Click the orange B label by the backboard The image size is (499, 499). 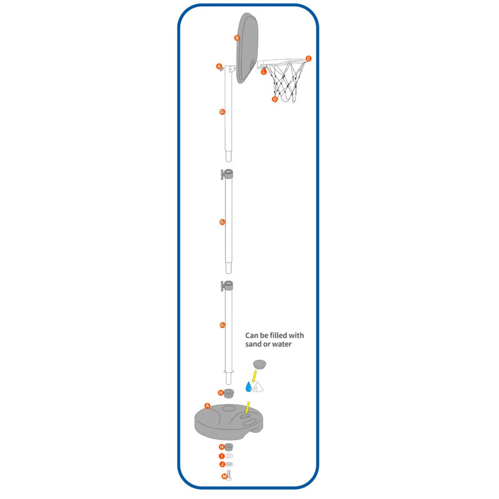click(x=237, y=38)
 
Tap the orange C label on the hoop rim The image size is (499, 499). click(x=308, y=59)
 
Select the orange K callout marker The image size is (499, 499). click(x=219, y=66)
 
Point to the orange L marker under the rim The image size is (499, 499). click(x=264, y=72)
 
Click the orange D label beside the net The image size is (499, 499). click(x=274, y=99)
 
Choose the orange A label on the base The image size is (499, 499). click(x=207, y=405)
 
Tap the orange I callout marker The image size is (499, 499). click(x=221, y=456)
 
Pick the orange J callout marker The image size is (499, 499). click(x=221, y=465)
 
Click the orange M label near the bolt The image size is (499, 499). click(x=225, y=477)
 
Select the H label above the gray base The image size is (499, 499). click(x=220, y=393)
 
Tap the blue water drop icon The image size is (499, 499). click(x=248, y=387)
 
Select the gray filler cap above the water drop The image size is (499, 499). click(x=259, y=363)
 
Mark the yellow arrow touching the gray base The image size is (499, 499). click(x=248, y=407)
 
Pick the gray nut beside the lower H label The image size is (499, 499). click(x=230, y=448)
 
